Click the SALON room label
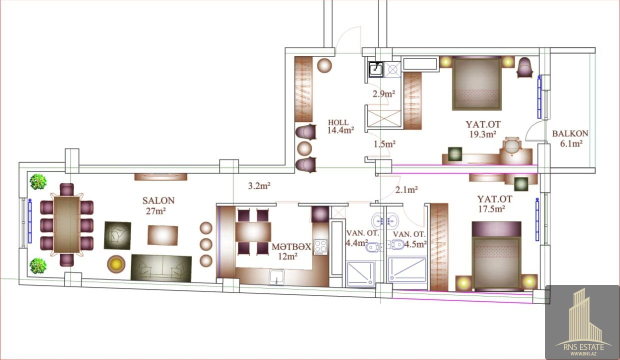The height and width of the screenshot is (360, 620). click(158, 200)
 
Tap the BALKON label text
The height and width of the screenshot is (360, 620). click(570, 133)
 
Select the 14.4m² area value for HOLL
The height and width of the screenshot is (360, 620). click(340, 130)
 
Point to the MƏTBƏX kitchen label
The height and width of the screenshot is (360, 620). click(291, 246)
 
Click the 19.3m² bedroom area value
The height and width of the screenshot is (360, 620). click(482, 134)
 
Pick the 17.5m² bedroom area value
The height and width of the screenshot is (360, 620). click(492, 208)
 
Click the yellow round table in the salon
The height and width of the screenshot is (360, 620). click(116, 264)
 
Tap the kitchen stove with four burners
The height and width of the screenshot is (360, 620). click(320, 247)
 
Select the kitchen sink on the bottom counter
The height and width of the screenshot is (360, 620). click(276, 277)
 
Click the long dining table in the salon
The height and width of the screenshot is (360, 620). click(66, 224)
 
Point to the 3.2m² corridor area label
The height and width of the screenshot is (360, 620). click(259, 186)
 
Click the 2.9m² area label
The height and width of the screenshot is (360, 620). click(383, 94)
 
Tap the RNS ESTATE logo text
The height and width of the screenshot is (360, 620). click(584, 347)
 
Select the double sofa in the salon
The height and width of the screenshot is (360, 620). click(161, 268)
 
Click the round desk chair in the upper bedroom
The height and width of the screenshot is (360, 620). click(512, 145)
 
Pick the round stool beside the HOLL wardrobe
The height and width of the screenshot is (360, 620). click(324, 65)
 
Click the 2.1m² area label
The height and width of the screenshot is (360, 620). click(406, 190)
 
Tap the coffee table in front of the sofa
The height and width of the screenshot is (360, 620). click(163, 235)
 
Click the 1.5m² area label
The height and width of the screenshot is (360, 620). click(384, 144)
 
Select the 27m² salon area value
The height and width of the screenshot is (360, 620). click(156, 211)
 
